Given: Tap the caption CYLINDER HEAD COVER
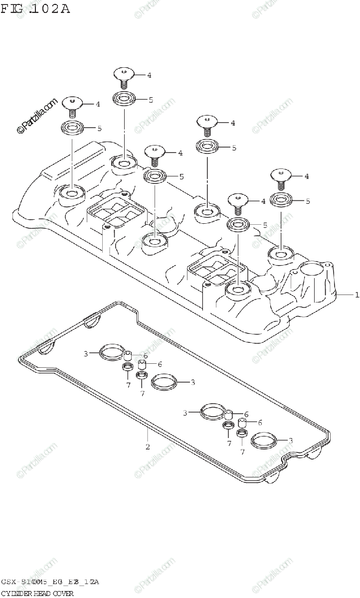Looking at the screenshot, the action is pyautogui.click(x=37, y=593).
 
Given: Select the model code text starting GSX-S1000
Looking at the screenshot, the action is pyautogui.click(x=50, y=582).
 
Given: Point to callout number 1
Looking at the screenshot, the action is pyautogui.click(x=357, y=295).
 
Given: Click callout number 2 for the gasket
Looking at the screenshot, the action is pyautogui.click(x=148, y=446).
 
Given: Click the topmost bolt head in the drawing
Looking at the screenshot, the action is pyautogui.click(x=123, y=75).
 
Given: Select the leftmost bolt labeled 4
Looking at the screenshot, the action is pyautogui.click(x=73, y=104).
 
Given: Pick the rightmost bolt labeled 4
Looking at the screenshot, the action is pyautogui.click(x=281, y=176).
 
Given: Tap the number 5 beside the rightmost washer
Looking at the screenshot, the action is pyautogui.click(x=308, y=201).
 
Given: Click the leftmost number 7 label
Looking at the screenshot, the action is pyautogui.click(x=128, y=385).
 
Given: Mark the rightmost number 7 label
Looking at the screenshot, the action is pyautogui.click(x=242, y=452).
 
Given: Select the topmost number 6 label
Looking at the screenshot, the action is pyautogui.click(x=146, y=355).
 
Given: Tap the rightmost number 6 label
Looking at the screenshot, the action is pyautogui.click(x=260, y=423).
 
